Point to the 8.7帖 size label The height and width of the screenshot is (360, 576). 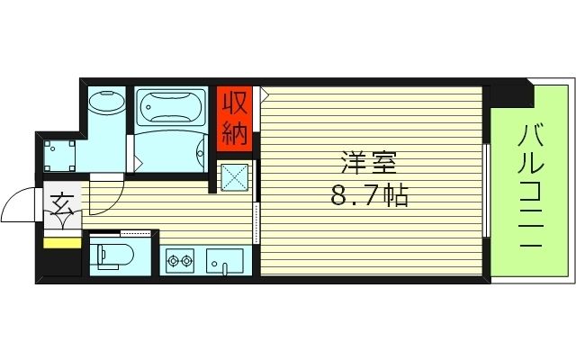(x=369, y=194)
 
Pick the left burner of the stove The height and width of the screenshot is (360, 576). (x=171, y=261)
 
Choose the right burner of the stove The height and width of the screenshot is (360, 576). (x=187, y=261)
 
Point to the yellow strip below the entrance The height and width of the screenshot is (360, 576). (x=62, y=241)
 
